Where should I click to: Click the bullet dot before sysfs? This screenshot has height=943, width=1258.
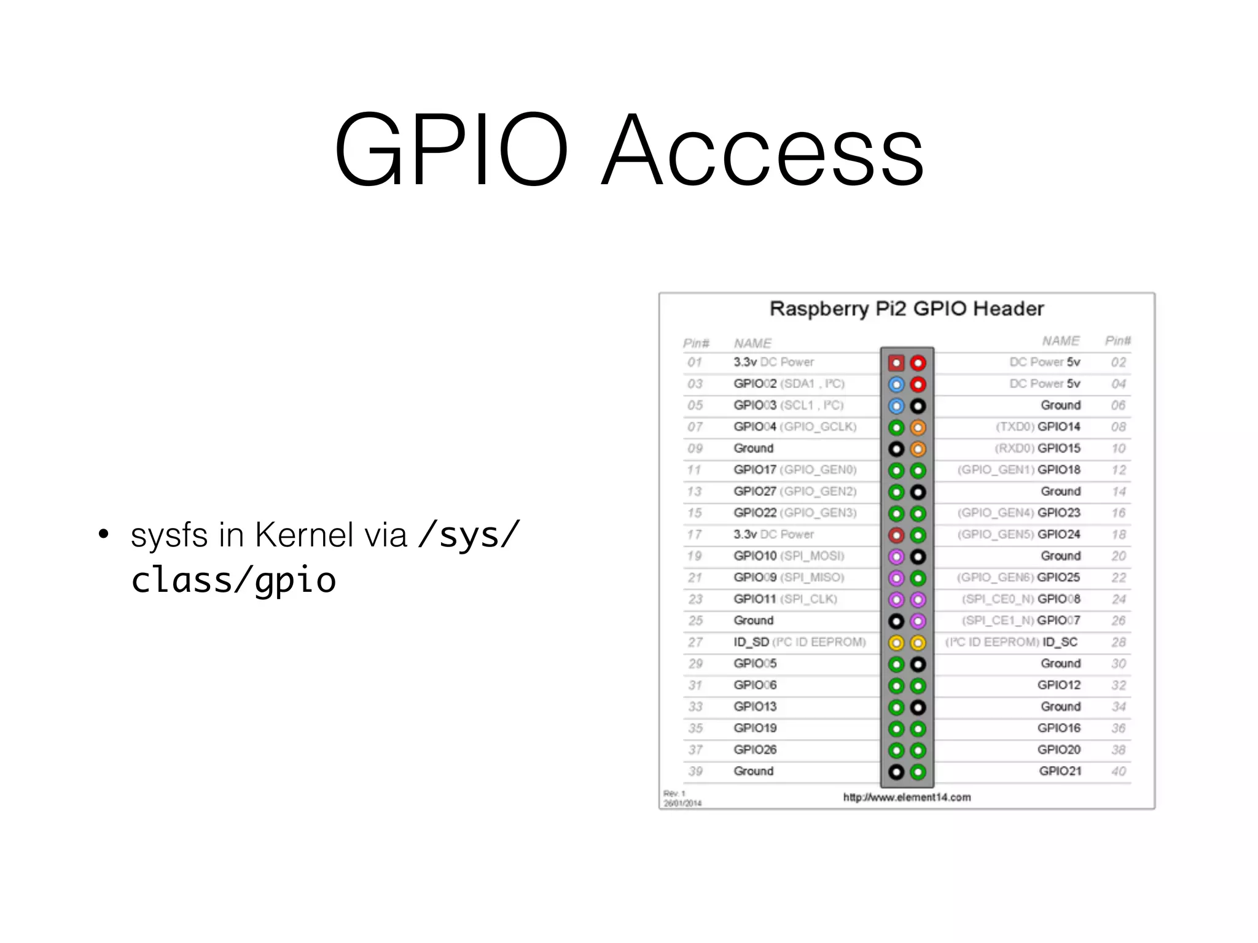(103, 535)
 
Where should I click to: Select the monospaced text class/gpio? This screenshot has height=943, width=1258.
(233, 580)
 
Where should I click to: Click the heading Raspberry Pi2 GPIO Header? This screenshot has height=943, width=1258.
(907, 308)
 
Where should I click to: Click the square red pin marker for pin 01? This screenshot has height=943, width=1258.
(896, 363)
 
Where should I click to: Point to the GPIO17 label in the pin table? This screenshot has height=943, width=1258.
(755, 470)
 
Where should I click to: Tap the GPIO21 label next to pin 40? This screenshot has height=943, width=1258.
(1060, 771)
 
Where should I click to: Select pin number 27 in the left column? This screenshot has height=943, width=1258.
(695, 642)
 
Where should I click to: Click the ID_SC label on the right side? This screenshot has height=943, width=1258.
(1060, 642)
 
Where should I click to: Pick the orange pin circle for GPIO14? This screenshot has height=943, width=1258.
(918, 427)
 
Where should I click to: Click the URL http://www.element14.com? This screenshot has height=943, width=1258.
(907, 797)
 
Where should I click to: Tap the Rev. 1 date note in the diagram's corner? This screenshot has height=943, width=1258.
(681, 798)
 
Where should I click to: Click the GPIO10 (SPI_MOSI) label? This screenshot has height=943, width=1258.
(789, 556)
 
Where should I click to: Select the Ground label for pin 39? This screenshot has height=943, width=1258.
(754, 771)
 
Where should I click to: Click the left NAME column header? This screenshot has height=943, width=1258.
(752, 343)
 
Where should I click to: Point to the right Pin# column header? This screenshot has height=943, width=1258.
(1117, 341)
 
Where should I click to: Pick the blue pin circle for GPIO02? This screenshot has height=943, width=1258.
(896, 384)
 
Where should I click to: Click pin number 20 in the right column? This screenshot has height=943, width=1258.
(1119, 556)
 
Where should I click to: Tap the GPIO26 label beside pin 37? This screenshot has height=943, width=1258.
(755, 750)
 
